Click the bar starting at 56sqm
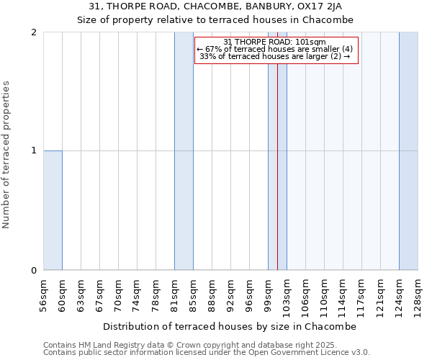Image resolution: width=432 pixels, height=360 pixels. [53, 210]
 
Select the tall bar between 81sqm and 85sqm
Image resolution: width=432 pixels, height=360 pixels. [184, 151]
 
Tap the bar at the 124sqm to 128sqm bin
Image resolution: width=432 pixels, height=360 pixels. [408, 151]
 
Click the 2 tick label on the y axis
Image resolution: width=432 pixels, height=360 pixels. [35, 32]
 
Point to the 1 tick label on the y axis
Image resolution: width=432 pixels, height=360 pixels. [35, 150]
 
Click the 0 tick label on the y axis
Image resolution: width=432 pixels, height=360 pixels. [35, 270]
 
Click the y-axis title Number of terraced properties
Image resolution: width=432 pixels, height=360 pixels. [7, 155]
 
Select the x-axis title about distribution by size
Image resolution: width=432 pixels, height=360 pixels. [234, 326]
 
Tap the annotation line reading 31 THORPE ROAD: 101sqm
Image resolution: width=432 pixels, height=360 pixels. [275, 42]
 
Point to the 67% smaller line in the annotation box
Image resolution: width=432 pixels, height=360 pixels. [275, 49]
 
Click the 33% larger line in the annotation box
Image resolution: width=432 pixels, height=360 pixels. [275, 56]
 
